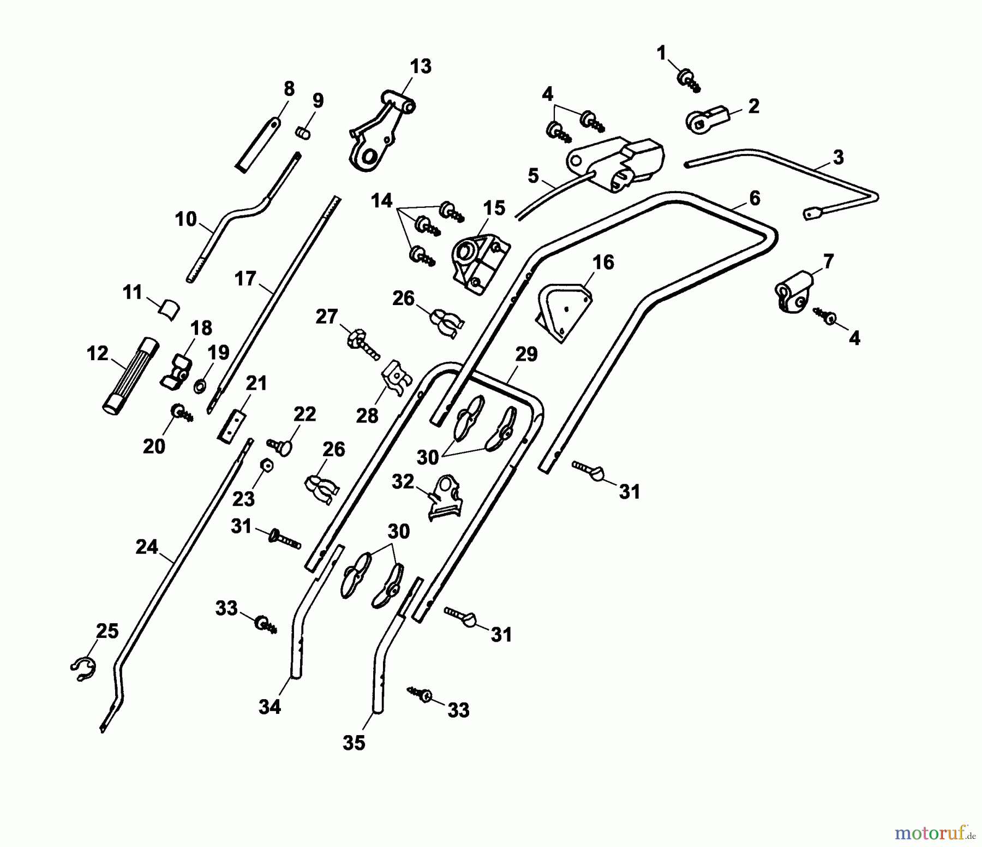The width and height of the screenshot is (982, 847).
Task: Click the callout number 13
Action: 420,66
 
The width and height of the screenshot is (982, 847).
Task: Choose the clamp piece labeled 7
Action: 794,293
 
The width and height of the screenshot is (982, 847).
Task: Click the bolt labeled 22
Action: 280,446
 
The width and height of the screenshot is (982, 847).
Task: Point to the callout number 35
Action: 354,743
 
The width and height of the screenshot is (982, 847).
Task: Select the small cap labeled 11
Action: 169,309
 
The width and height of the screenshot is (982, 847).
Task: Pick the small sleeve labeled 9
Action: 303,133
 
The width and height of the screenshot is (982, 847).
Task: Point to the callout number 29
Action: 526,354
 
